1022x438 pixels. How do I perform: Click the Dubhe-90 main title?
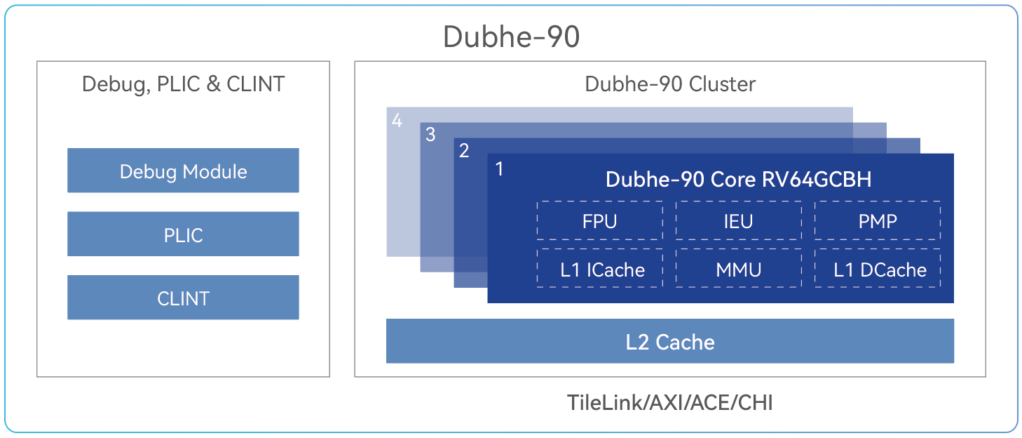click(511, 36)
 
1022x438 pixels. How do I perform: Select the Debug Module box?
click(183, 171)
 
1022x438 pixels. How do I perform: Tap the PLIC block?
click(183, 234)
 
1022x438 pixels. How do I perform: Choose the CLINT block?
click(183, 298)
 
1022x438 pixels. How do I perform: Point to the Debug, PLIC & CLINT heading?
click(183, 84)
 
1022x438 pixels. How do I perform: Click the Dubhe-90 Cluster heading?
click(670, 84)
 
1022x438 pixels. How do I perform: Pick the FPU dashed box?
click(599, 220)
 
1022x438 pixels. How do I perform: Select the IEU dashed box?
click(738, 220)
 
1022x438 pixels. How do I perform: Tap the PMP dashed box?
click(878, 220)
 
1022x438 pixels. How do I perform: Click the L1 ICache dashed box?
click(599, 269)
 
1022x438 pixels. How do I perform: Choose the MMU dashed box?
click(738, 269)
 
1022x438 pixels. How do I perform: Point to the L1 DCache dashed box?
click(878, 269)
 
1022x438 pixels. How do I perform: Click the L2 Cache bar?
click(670, 341)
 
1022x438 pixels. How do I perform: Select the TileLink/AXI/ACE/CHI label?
click(670, 403)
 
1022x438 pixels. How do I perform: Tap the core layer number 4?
click(397, 121)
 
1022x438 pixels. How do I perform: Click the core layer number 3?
click(430, 135)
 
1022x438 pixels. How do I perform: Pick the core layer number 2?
click(464, 151)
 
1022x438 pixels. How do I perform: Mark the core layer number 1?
click(499, 169)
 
